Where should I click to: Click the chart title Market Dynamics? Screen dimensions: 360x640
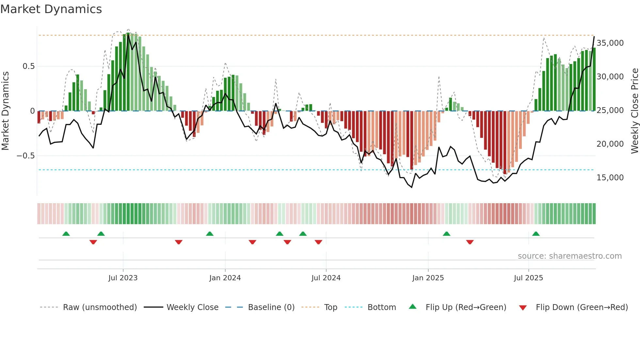click(x=51, y=9)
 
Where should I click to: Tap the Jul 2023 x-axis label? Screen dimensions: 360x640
click(x=123, y=278)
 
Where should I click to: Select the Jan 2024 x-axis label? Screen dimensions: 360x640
click(x=225, y=278)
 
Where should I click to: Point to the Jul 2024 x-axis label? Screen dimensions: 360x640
click(x=326, y=278)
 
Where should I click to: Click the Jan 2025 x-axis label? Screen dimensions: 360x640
click(x=428, y=278)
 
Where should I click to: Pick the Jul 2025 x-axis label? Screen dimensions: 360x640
click(x=528, y=278)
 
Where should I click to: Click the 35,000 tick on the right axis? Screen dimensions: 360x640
click(x=610, y=43)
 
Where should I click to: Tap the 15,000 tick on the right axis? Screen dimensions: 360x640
click(x=610, y=178)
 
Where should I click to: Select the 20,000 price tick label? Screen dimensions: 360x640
click(x=610, y=144)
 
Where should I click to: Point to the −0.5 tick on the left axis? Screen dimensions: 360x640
click(x=25, y=156)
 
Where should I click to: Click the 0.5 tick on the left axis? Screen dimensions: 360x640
click(x=28, y=66)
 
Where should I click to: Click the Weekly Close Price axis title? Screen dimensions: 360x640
click(x=634, y=111)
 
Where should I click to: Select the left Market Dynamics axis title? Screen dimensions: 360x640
click(x=5, y=111)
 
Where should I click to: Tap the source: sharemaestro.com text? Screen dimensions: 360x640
click(x=569, y=256)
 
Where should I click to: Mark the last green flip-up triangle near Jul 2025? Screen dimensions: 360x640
click(x=536, y=234)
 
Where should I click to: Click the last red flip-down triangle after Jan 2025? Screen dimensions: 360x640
click(x=470, y=242)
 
